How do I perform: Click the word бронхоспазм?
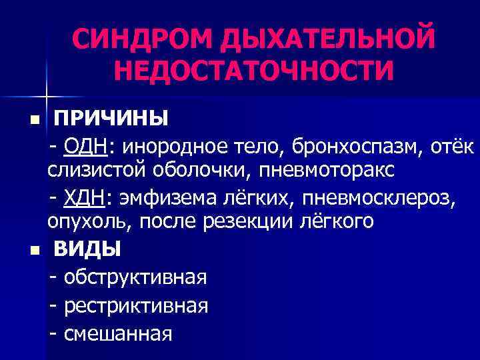coord(329,145)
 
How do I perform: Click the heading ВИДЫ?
coord(87,249)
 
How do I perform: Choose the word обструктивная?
coord(135,276)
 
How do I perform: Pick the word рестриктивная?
coord(136,305)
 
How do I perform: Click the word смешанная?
coord(118,333)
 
